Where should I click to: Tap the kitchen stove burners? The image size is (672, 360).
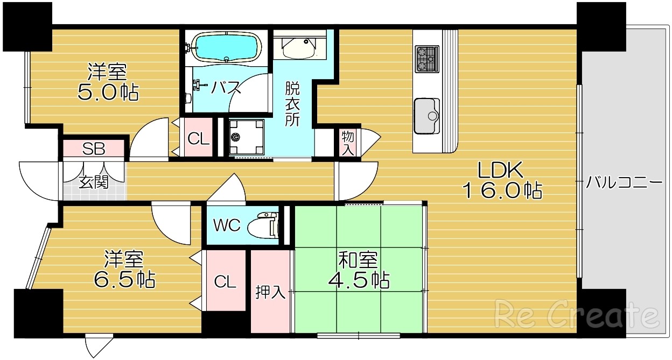point(425,59)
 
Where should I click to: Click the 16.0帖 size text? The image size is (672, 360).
point(501,191)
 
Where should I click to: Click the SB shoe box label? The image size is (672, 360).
point(93,149)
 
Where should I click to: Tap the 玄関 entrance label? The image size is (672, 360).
point(94,182)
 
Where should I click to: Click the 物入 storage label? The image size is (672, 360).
point(348,143)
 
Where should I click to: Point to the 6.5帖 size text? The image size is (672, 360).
point(123,279)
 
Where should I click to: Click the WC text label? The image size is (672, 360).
point(227,225)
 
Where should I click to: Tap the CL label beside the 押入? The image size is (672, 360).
point(225,281)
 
